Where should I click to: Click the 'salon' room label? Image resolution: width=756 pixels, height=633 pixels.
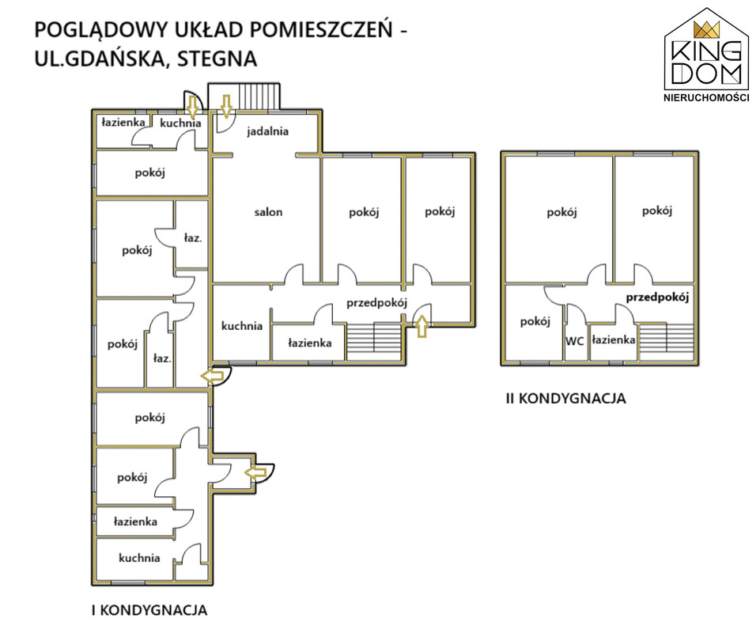(x=268, y=212)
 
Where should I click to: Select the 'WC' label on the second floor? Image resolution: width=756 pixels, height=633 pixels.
(x=574, y=341)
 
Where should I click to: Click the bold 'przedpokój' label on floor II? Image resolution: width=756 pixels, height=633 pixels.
(x=658, y=298)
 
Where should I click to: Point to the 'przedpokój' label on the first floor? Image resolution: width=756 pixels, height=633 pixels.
(x=376, y=302)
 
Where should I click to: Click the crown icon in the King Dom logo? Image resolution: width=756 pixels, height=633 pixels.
(x=705, y=30)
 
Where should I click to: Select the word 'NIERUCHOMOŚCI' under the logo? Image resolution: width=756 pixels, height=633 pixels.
(x=705, y=97)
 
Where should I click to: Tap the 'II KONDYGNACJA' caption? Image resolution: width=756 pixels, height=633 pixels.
(x=565, y=399)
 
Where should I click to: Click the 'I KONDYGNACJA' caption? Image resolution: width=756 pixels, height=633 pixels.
(x=149, y=610)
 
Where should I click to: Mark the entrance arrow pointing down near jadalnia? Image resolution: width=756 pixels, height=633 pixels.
(x=225, y=104)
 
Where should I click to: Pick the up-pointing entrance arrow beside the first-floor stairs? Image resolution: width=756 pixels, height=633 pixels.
(x=421, y=326)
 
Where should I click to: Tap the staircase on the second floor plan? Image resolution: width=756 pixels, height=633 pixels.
(x=668, y=339)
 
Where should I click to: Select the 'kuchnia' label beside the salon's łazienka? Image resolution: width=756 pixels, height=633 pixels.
(x=241, y=325)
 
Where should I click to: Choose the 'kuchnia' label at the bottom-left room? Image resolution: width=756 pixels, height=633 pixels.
(x=139, y=558)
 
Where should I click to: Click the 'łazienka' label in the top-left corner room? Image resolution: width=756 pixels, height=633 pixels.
(x=123, y=123)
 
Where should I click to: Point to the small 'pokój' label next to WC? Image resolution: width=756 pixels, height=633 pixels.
(x=535, y=322)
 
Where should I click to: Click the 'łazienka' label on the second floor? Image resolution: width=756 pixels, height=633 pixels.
(x=614, y=340)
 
